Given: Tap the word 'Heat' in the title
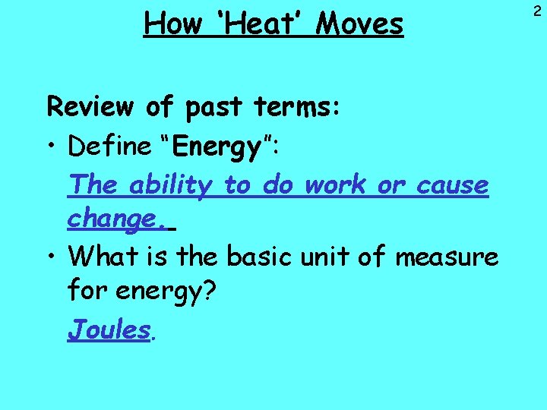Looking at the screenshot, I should coord(255,24).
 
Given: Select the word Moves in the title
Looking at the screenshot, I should coord(359,24).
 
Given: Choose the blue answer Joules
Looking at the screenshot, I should coord(109,330).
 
